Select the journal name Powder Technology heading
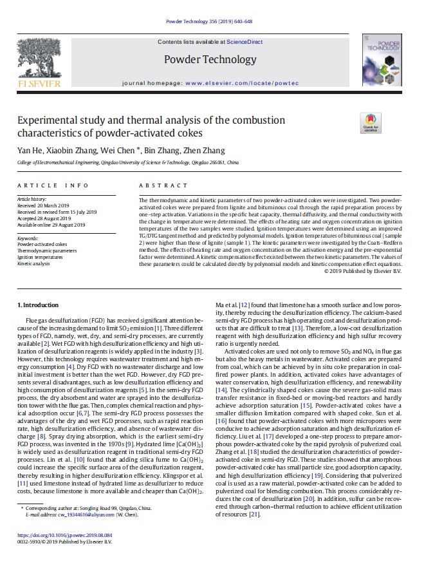click(210, 60)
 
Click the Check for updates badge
click(371, 122)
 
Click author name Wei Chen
click(116, 151)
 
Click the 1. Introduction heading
click(38, 305)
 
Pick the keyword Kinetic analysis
click(33, 263)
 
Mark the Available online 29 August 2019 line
click(51, 224)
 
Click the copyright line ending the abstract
click(363, 271)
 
